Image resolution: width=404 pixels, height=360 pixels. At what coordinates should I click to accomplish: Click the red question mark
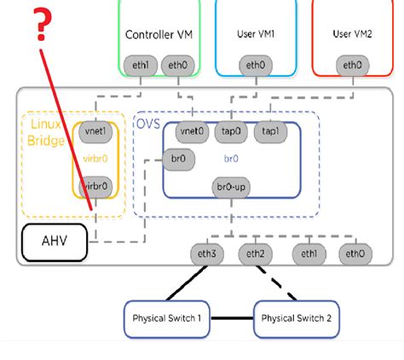click(38, 27)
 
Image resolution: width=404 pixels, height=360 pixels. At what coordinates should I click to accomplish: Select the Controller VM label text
click(159, 35)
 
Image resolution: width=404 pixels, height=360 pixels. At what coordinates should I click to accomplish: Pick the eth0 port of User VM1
click(255, 64)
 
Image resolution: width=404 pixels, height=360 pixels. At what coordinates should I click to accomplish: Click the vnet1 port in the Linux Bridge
click(94, 132)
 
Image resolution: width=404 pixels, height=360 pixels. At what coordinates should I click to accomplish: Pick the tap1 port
click(270, 132)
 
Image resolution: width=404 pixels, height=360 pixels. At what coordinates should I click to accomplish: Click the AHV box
click(54, 243)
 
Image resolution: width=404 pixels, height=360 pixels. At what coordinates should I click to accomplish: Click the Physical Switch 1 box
click(167, 318)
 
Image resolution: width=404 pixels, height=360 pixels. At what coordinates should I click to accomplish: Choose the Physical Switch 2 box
click(296, 318)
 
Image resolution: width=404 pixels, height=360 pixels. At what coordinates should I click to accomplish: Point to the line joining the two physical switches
click(232, 318)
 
